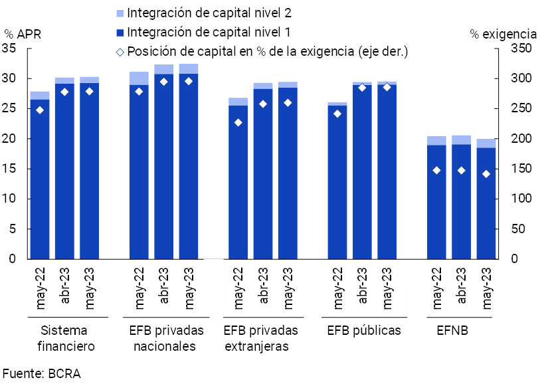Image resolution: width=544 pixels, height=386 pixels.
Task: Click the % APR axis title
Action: pos(23,34)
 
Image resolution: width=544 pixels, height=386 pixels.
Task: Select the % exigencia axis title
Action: pos(503,34)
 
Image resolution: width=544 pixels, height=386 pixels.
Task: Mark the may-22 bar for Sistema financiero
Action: pos(40,179)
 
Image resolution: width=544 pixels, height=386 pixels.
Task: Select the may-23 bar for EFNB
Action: pos(486,203)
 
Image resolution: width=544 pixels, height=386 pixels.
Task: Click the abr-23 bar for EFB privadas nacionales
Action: pos(164,166)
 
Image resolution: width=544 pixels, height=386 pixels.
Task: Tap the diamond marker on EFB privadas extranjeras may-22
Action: pos(238,122)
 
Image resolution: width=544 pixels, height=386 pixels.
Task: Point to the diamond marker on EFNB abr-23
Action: pos(462,171)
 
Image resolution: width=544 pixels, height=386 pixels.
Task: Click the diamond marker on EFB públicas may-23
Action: pos(387,87)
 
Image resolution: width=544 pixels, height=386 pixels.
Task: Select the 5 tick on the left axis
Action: pos(13,229)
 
